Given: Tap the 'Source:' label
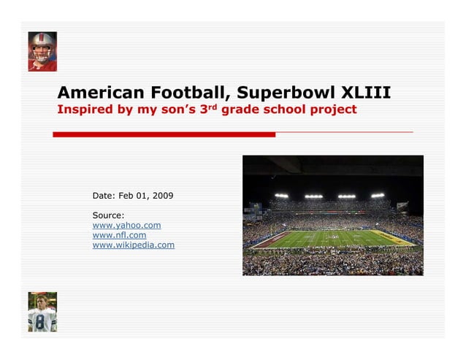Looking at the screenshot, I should [108, 215].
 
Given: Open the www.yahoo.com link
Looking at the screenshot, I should [126, 226].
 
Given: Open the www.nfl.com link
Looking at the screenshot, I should [119, 235].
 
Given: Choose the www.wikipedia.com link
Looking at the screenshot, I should [133, 245].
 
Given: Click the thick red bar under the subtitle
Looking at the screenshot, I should [164, 134].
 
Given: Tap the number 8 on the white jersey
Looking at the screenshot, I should [40, 321].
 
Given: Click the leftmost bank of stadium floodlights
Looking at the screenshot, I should [281, 196].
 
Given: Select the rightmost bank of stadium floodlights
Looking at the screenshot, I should [377, 196].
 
